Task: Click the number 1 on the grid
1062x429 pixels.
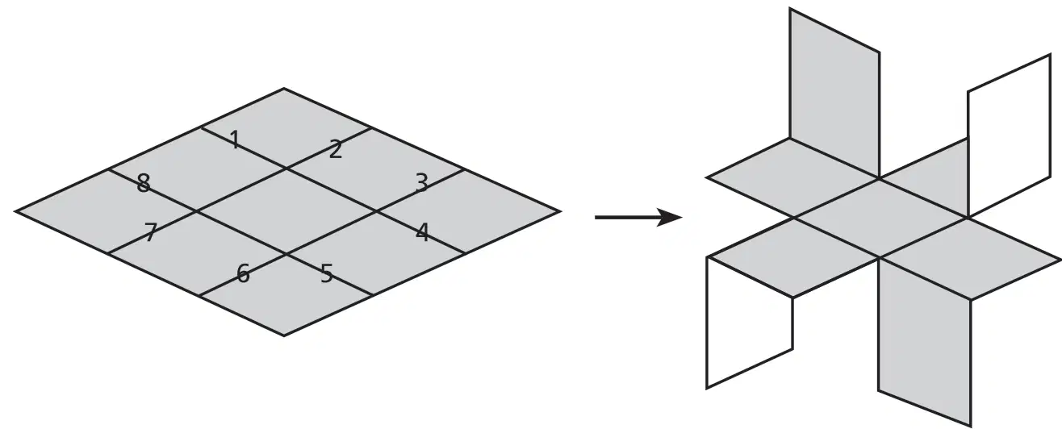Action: tap(235, 140)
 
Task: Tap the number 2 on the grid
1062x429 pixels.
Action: tap(335, 149)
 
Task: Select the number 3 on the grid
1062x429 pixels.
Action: tap(422, 183)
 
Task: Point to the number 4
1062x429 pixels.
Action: tap(422, 232)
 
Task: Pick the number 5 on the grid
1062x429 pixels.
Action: tap(327, 273)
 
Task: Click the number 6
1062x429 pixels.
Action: tap(243, 273)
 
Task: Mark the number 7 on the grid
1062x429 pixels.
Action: tap(150, 232)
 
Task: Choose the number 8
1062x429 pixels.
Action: tap(143, 183)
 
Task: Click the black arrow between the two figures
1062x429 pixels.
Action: tap(638, 218)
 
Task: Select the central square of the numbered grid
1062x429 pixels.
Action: tap(286, 211)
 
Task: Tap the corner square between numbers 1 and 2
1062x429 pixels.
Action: tap(286, 128)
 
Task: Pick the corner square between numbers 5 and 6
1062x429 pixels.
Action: tap(286, 294)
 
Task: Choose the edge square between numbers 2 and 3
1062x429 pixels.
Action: tap(374, 169)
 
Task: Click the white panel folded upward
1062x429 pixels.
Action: tap(1009, 135)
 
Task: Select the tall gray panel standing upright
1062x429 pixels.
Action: tap(834, 93)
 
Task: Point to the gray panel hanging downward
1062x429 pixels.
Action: tap(925, 342)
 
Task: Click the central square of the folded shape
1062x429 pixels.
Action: tap(880, 218)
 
